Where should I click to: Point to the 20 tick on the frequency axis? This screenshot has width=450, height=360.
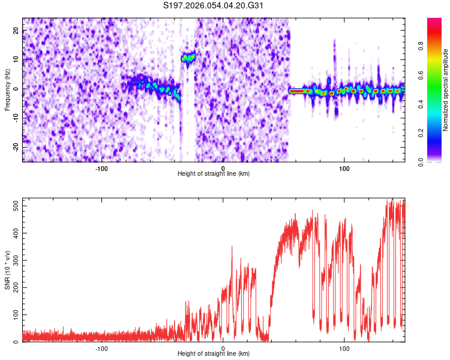16,31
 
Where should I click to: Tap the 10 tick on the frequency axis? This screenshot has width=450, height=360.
16,60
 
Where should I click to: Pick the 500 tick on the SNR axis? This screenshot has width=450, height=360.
14,206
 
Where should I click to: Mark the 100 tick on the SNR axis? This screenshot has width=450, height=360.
14,315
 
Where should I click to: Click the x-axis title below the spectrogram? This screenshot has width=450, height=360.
214,173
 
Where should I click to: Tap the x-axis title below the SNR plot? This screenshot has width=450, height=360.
214,353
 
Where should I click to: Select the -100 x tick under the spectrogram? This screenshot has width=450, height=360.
101,168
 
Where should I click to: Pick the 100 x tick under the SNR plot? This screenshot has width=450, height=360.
344,348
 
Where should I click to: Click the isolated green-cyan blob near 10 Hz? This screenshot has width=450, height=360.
188,58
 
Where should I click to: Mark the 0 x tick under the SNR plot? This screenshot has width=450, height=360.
223,348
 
